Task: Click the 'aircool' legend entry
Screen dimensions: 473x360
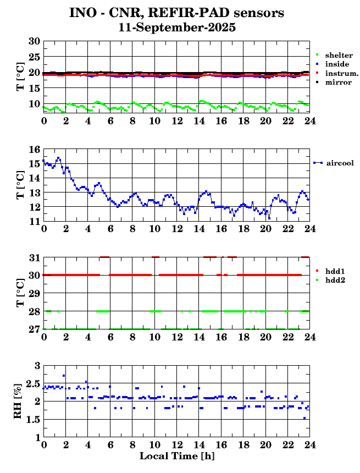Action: (x=339, y=163)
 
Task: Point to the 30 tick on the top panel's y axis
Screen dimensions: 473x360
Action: (x=34, y=41)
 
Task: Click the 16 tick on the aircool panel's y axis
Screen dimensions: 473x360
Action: (x=34, y=150)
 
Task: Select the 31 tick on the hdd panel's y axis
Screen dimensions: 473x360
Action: (x=34, y=257)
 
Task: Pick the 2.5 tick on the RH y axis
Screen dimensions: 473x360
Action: (x=32, y=383)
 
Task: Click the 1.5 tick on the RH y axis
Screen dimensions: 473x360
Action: (x=32, y=420)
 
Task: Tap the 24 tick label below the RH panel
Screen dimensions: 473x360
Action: (x=309, y=444)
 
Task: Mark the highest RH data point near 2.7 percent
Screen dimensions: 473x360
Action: (x=64, y=376)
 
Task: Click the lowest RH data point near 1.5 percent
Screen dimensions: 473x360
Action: (x=304, y=418)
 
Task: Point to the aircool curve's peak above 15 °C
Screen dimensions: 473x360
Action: (x=58, y=158)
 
